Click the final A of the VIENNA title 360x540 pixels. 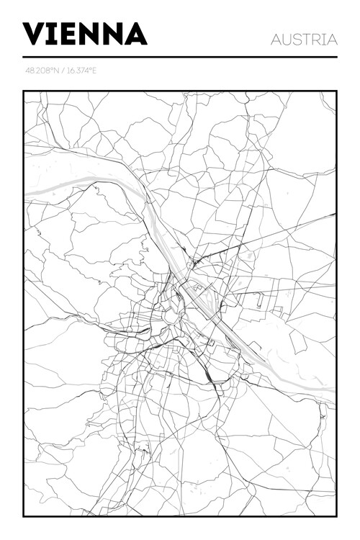137,34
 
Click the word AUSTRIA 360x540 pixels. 304,40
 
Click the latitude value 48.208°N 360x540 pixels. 42,71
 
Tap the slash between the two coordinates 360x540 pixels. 63,71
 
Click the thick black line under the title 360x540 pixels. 180,57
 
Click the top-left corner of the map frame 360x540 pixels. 24,91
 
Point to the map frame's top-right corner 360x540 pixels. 336,91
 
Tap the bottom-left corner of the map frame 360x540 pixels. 24,516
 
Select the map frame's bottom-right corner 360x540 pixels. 336,516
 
